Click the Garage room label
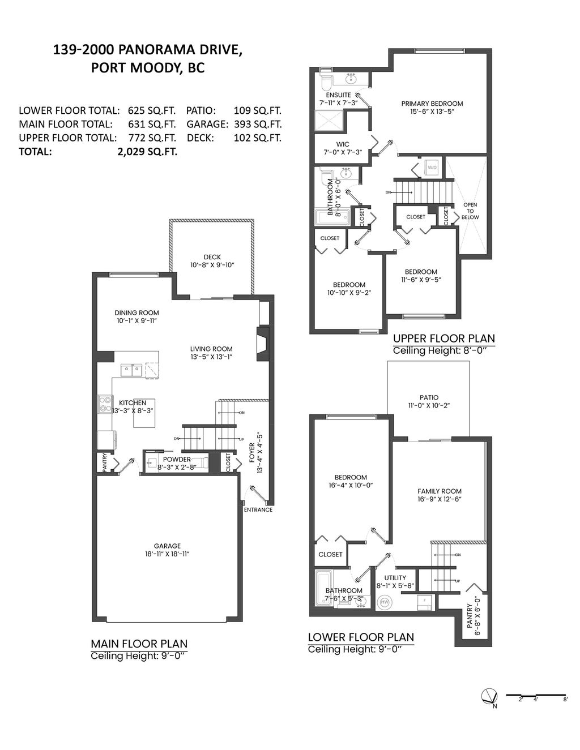pyautogui.click(x=167, y=546)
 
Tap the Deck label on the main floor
pyautogui.click(x=212, y=257)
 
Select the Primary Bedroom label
pyautogui.click(x=432, y=104)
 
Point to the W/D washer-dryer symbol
pyautogui.click(x=432, y=168)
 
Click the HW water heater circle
pyautogui.click(x=385, y=602)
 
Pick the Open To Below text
pyautogui.click(x=470, y=211)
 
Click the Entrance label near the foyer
pyautogui.click(x=258, y=509)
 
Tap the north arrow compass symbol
pyautogui.click(x=489, y=696)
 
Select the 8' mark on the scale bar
pyautogui.click(x=565, y=700)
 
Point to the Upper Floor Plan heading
pyautogui.click(x=444, y=338)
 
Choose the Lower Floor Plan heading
pyautogui.click(x=361, y=637)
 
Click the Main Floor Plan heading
pyautogui.click(x=139, y=644)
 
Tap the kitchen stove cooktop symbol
pyautogui.click(x=105, y=404)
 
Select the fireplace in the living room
pyautogui.click(x=263, y=344)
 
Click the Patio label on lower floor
pyautogui.click(x=429, y=397)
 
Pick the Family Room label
pyautogui.click(x=440, y=491)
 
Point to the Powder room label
pyautogui.click(x=177, y=459)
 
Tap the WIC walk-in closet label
pyautogui.click(x=343, y=144)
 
